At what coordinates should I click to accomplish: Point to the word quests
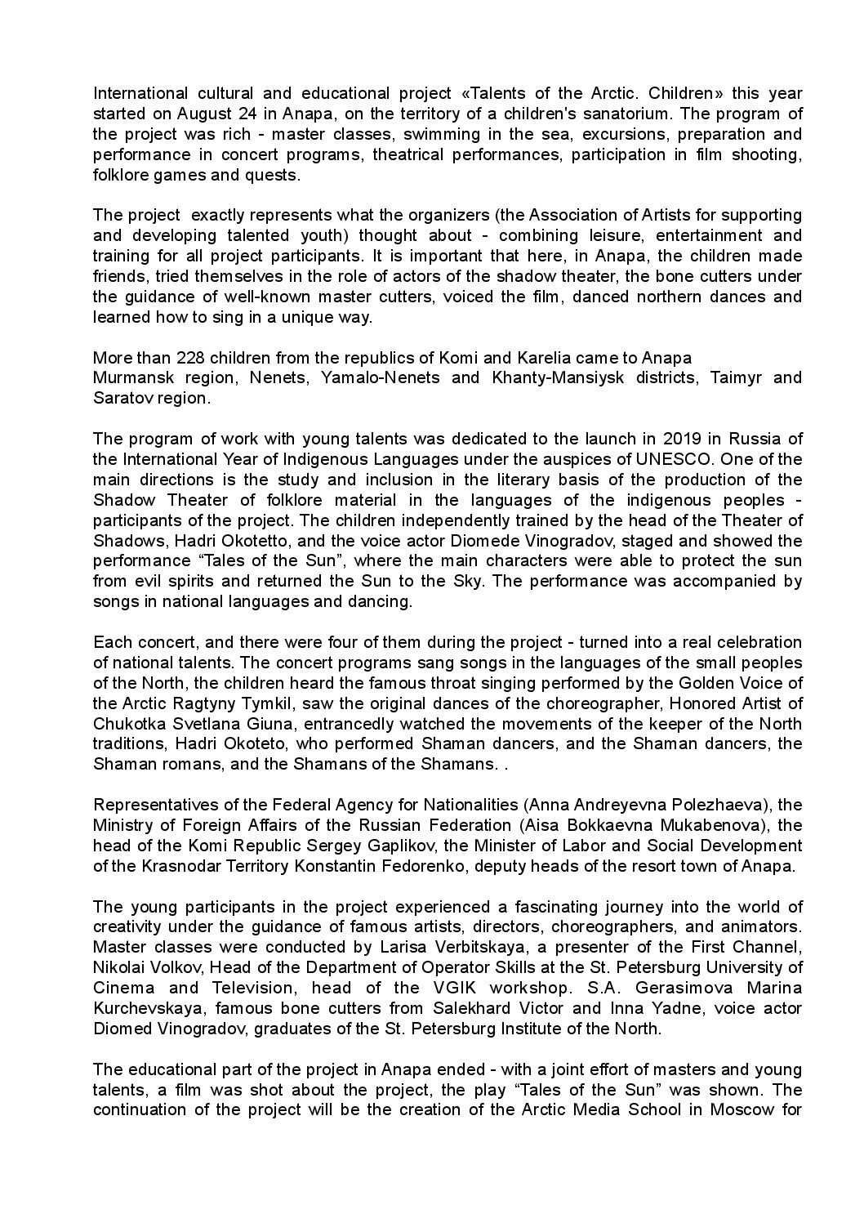(277, 175)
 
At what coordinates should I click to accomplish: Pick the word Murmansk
(134, 377)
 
